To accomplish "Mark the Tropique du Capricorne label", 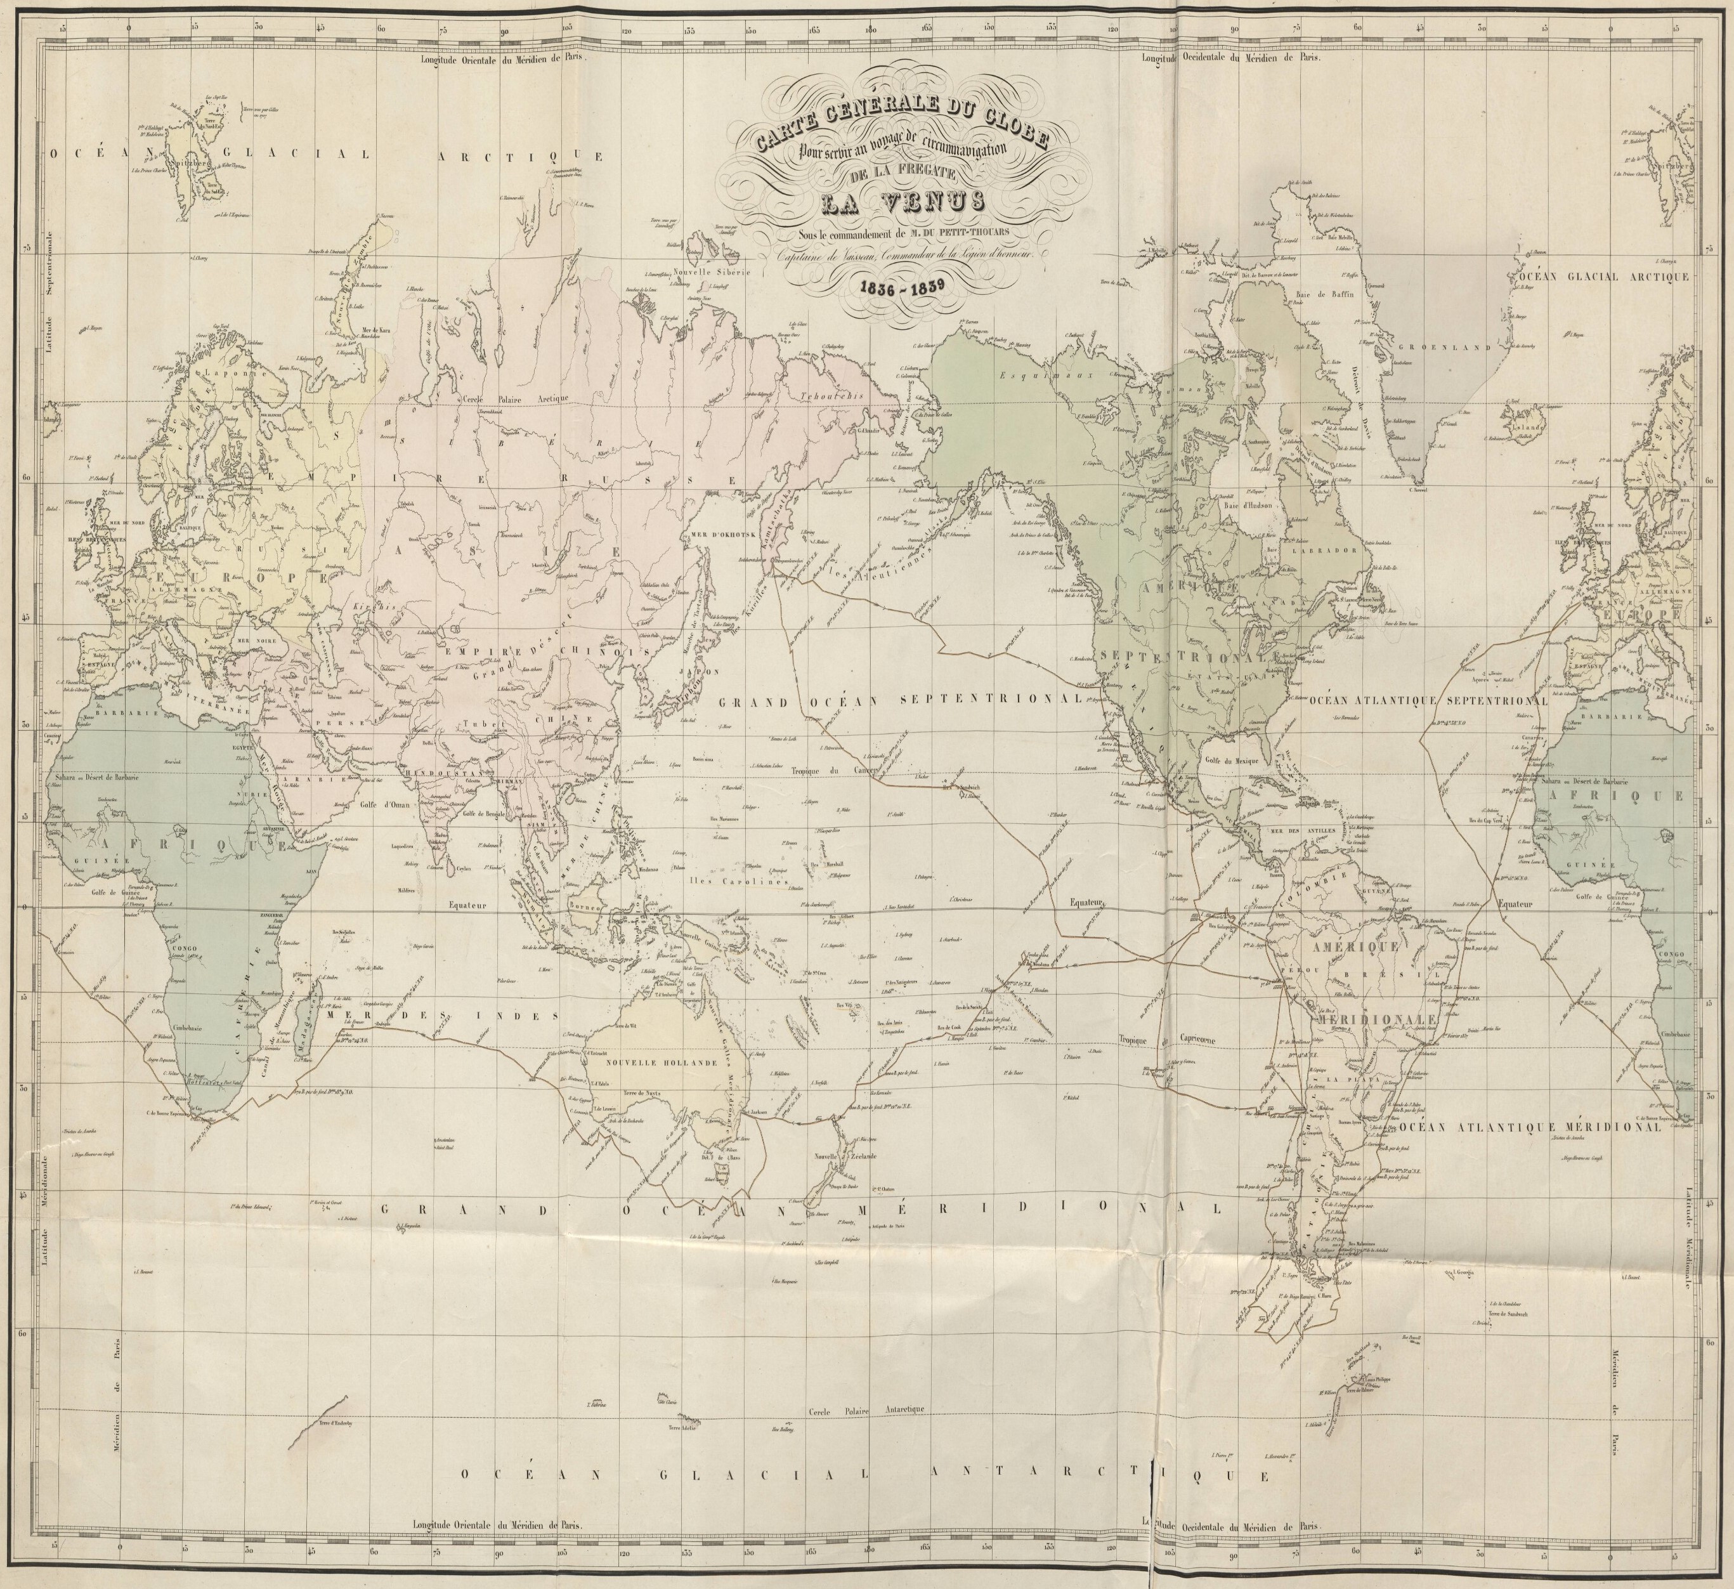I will point(1167,1039).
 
